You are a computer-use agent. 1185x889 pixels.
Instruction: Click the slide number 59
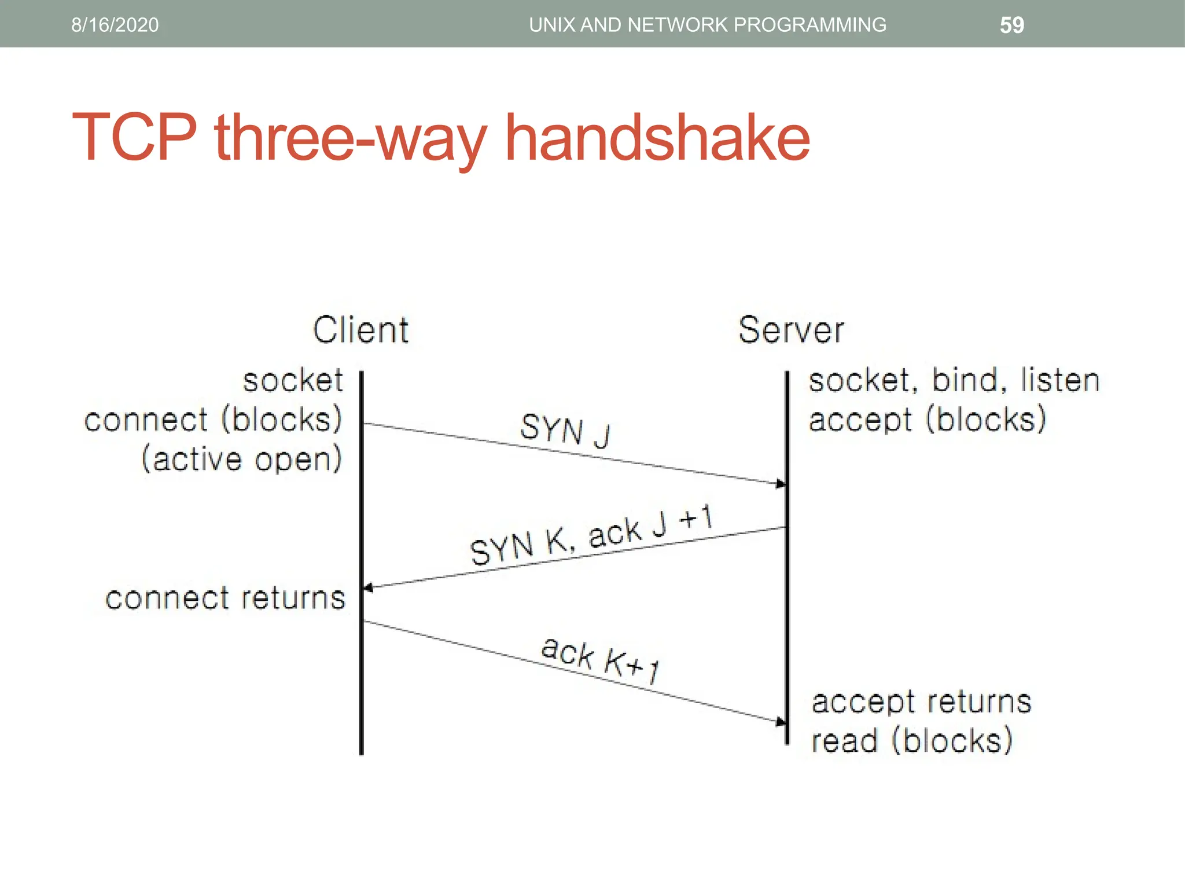click(x=1011, y=25)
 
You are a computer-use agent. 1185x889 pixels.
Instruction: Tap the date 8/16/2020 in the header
click(x=115, y=25)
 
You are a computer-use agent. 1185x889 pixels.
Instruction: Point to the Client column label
click(x=361, y=330)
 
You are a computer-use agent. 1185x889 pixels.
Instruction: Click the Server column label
click(x=791, y=330)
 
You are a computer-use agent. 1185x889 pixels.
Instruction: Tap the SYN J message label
click(x=565, y=431)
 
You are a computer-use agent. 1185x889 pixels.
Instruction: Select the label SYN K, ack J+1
click(x=590, y=535)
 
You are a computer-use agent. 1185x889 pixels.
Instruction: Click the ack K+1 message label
click(x=601, y=660)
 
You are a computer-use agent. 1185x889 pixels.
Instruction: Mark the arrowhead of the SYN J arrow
click(x=781, y=483)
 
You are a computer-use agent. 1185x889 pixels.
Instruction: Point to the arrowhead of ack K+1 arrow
click(x=781, y=722)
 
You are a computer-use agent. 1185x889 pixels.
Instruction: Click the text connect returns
click(x=225, y=598)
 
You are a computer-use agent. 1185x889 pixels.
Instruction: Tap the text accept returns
click(x=921, y=701)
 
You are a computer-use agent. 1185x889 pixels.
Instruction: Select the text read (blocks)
click(x=912, y=740)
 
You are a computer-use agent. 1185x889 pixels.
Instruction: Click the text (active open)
click(x=242, y=459)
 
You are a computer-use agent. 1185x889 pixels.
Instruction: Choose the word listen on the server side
click(x=1059, y=381)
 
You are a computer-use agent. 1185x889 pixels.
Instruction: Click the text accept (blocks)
click(x=928, y=420)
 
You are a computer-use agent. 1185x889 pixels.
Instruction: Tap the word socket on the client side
click(x=293, y=381)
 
